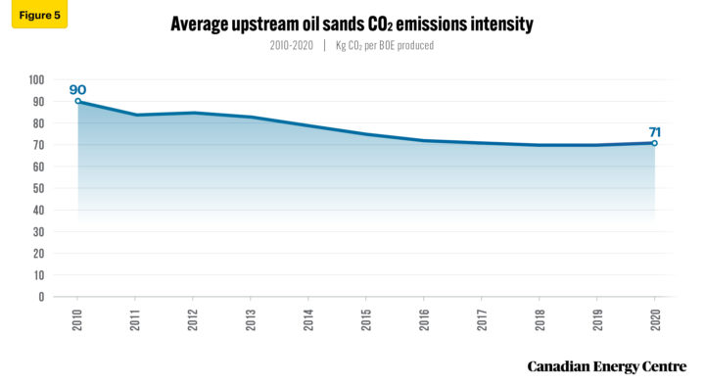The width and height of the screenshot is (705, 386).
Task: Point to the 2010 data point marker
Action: click(78, 101)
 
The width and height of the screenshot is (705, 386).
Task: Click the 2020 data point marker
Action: click(654, 143)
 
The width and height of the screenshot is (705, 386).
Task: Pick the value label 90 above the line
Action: click(77, 89)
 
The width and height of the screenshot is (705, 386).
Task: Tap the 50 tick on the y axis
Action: click(38, 188)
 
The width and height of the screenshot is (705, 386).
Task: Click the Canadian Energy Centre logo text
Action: click(607, 366)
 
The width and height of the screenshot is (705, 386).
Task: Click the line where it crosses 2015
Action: click(366, 134)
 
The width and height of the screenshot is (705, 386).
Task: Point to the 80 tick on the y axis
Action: click(38, 123)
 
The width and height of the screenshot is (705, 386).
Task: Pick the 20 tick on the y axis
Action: click(38, 253)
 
